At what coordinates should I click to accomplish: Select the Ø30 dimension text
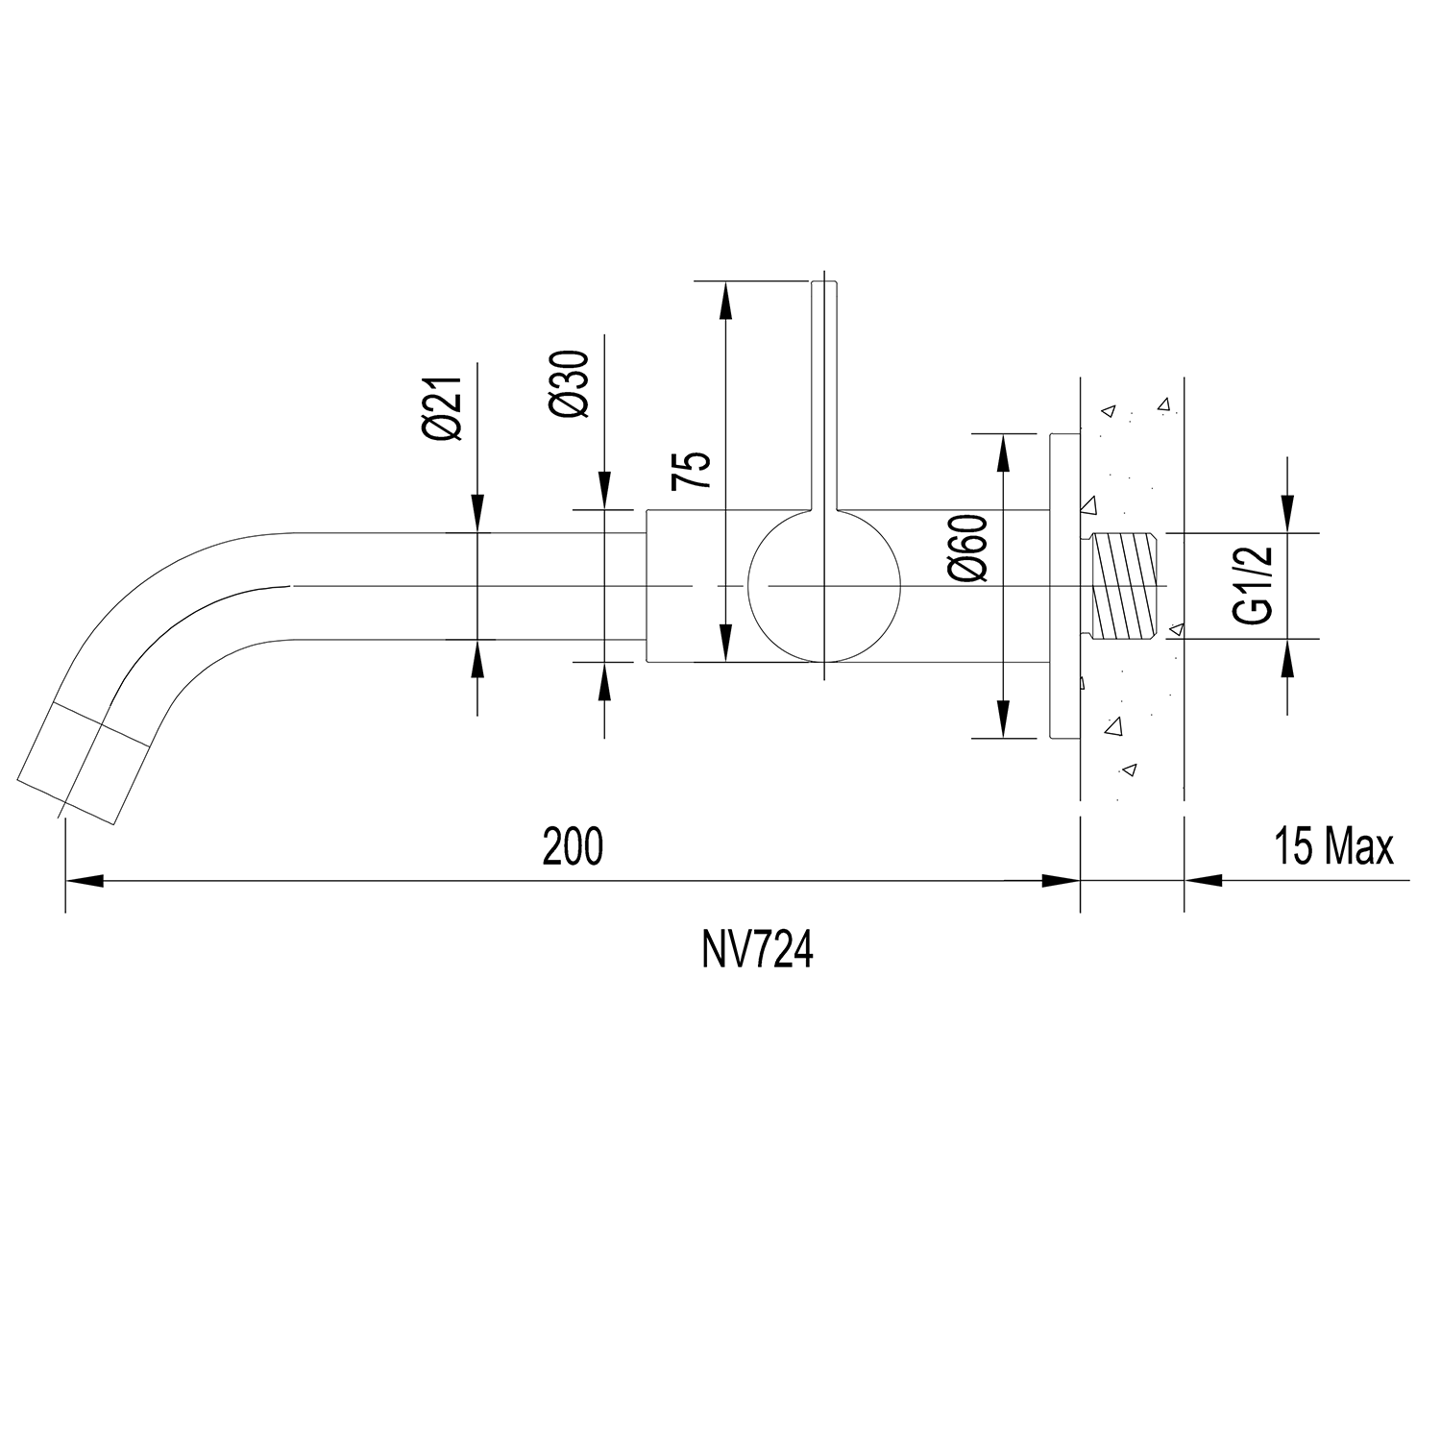click(569, 383)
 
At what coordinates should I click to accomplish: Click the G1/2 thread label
click(1256, 585)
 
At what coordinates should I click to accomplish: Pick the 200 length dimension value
click(573, 846)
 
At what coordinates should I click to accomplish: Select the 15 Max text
click(1333, 847)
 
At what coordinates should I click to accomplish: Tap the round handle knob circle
click(824, 586)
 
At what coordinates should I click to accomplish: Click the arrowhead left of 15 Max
click(1203, 879)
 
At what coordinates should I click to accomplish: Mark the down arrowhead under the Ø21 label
click(477, 513)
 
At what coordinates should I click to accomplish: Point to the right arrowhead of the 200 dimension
click(1061, 879)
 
